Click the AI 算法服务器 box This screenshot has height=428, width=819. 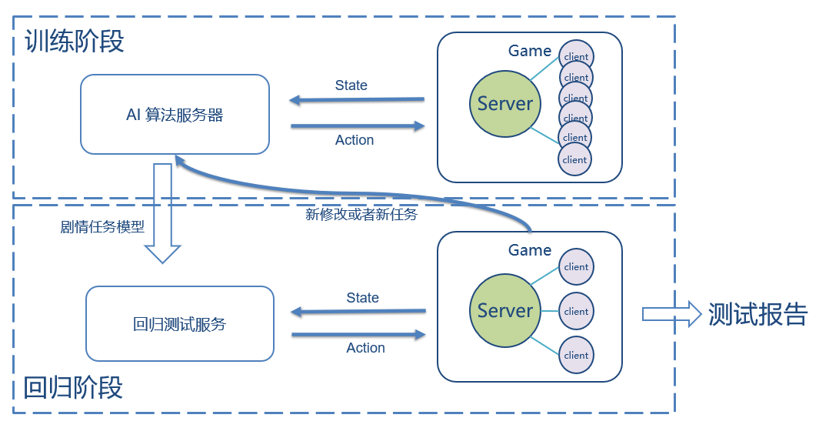coord(175,114)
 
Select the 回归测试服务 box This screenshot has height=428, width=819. coord(179,324)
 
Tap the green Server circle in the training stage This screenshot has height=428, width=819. coord(504,104)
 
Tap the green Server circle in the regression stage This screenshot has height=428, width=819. coord(504,311)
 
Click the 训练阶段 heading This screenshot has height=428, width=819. coord(74,41)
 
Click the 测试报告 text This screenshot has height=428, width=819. coord(757,314)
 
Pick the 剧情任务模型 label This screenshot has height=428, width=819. coord(102,228)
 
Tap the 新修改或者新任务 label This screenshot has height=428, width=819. coord(361,215)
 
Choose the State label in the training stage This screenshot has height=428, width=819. coord(351,85)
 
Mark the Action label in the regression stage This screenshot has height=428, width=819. coord(365,348)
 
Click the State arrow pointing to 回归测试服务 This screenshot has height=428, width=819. coord(358,312)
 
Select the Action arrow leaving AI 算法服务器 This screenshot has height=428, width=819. coord(358,125)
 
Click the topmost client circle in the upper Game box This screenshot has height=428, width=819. coord(575,56)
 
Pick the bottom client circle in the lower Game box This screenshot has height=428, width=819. coord(576,355)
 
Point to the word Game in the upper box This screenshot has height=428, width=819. coord(530,51)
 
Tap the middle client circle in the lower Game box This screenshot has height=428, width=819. coord(576,311)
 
